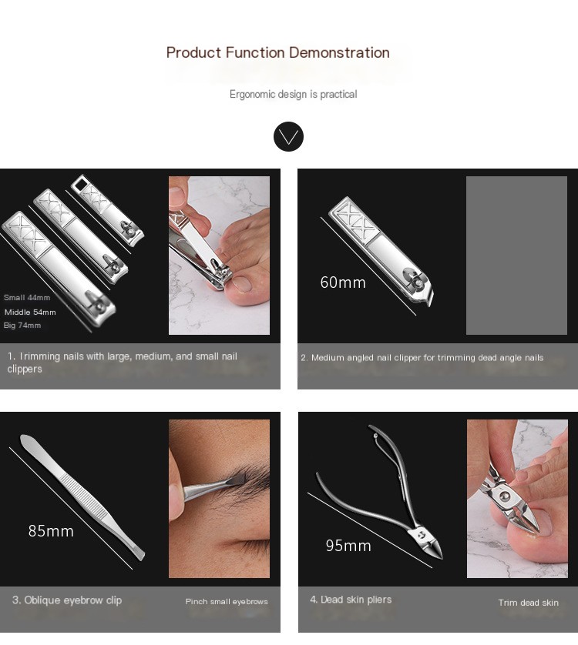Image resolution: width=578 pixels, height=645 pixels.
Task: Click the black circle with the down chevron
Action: pos(288,136)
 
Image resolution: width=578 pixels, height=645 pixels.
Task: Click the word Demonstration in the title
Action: pos(339,52)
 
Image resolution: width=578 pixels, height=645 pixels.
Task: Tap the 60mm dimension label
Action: pos(343,282)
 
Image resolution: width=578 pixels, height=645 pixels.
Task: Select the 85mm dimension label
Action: pos(51,531)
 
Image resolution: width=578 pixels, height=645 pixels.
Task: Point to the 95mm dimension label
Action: pos(348,546)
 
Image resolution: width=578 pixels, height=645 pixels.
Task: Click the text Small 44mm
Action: pos(27,297)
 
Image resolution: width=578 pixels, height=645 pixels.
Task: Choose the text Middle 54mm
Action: pos(30,312)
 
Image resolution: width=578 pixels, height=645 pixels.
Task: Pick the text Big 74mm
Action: pos(22,326)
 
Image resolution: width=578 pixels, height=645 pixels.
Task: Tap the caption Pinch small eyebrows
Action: pos(227,601)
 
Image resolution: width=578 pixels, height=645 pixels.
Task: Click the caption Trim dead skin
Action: pos(528,603)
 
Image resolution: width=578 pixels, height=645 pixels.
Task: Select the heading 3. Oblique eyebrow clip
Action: pos(67,600)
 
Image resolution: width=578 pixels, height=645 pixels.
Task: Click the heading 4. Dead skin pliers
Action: pos(351,600)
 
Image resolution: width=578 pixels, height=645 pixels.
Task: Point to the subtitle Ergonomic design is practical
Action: pos(294,95)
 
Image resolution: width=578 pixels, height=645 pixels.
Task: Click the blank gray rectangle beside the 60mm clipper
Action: pos(516,256)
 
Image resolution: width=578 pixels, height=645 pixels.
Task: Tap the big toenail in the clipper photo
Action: pos(242,284)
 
